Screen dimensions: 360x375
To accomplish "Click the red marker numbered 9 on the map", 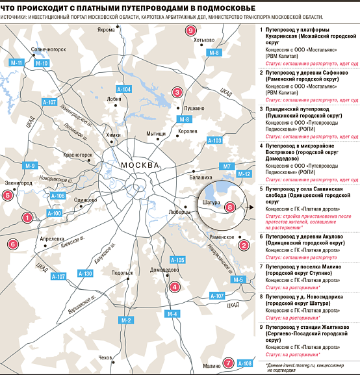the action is [x=190, y=31].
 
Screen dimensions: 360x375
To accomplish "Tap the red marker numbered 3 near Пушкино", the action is [x=177, y=92].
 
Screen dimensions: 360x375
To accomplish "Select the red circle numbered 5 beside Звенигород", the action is [x=8, y=196].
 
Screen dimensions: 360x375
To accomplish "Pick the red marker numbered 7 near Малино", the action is [x=228, y=363].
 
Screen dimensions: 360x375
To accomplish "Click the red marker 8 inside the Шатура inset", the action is [x=230, y=207].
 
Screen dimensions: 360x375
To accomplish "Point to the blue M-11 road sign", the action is [x=16, y=63].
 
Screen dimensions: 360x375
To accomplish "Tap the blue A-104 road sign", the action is [x=124, y=90].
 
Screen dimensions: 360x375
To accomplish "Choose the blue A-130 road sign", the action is [x=85, y=274].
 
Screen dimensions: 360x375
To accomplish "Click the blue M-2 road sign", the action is [x=126, y=320].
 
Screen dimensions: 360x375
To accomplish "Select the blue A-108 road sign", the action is [x=245, y=363].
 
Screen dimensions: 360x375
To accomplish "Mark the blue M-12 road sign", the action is [x=244, y=174].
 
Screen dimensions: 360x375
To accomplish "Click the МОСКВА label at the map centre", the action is [x=140, y=165].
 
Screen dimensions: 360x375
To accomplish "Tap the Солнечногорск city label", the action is [x=48, y=49].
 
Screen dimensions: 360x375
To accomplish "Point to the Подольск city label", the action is [x=122, y=273].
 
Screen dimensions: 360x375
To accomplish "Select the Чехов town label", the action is [x=105, y=357].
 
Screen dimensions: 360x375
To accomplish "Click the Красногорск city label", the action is [x=78, y=155].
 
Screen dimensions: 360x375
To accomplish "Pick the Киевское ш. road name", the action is [x=73, y=242].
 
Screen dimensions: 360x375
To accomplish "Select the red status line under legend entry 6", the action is [x=301, y=257].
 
